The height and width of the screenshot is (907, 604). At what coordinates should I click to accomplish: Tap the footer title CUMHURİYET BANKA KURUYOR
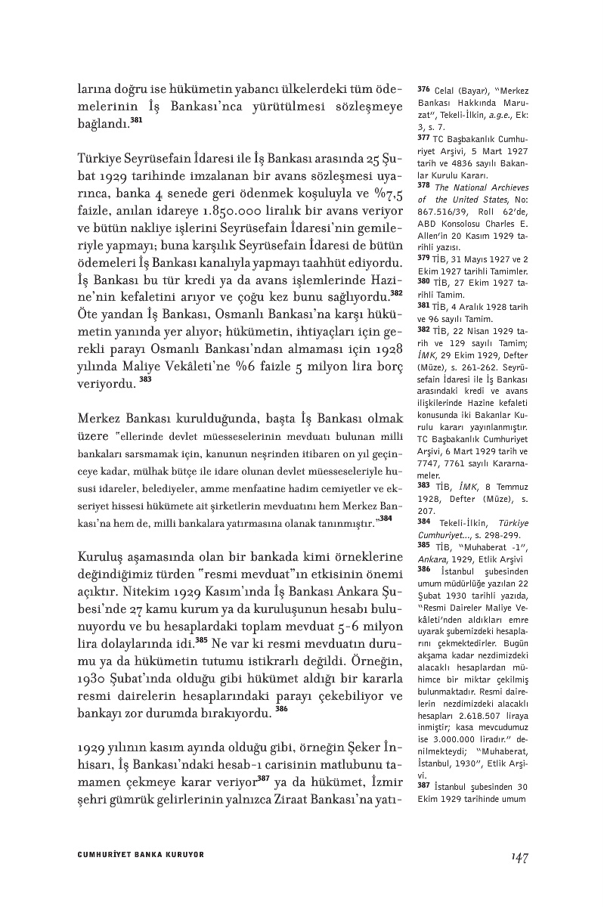pyautogui.click(x=141, y=854)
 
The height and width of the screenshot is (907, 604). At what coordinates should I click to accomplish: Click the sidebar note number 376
pyautogui.click(x=423, y=89)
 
